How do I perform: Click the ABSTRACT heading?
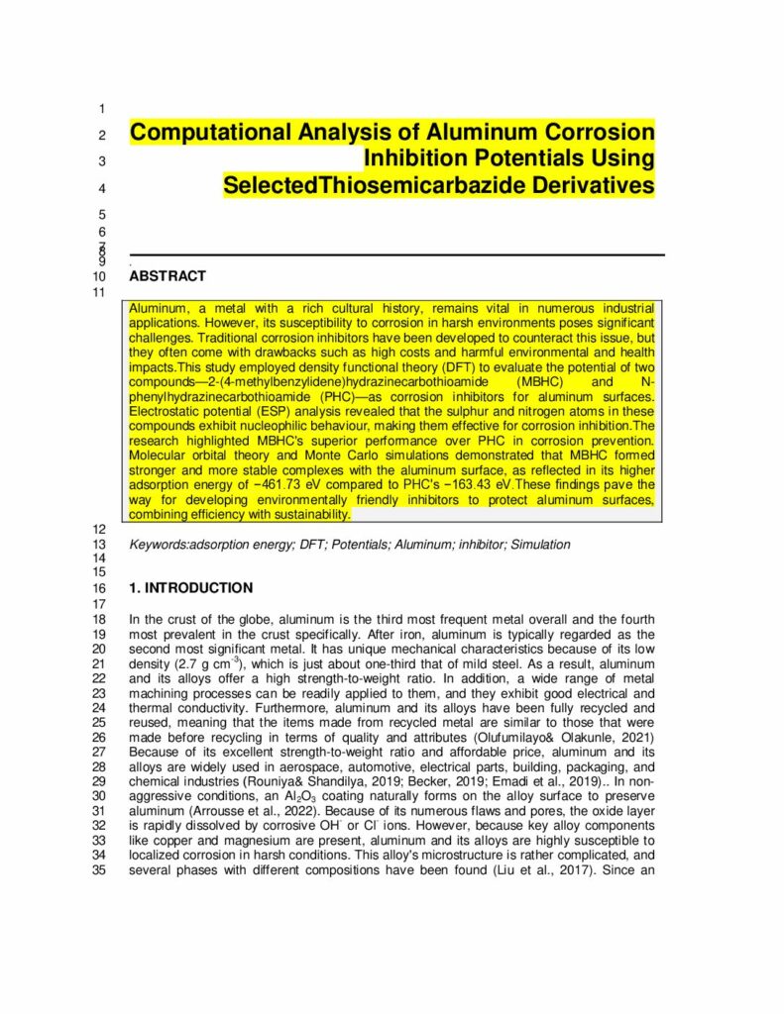168,276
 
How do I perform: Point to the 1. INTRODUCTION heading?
191,587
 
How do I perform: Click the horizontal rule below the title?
396,254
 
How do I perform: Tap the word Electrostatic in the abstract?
167,411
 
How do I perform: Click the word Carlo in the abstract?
354,456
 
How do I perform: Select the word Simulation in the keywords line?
539,545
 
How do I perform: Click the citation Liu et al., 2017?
543,870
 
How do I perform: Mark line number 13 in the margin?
98,545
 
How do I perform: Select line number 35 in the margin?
98,870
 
